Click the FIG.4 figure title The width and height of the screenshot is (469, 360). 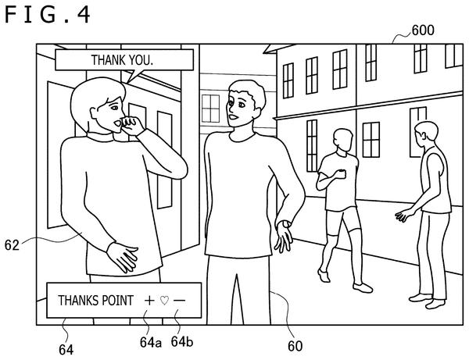(x=47, y=15)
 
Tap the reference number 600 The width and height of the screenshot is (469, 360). (x=423, y=30)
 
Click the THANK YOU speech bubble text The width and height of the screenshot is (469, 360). (x=122, y=60)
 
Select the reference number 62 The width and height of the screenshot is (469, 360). (x=12, y=245)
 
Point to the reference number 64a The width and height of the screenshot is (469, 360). (x=150, y=342)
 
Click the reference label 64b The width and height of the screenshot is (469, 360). (x=182, y=341)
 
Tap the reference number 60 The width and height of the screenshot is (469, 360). (x=295, y=346)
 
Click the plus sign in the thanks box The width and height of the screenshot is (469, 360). (x=149, y=300)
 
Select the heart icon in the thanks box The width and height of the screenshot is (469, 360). (x=164, y=300)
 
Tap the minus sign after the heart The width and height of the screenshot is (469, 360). (x=180, y=300)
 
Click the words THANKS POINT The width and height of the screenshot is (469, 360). (x=95, y=301)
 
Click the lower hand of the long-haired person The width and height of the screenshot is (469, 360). (x=123, y=258)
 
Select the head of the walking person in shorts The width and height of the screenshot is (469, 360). (x=343, y=140)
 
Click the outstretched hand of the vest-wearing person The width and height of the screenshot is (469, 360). (x=404, y=215)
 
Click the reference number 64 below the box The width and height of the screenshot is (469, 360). (x=66, y=350)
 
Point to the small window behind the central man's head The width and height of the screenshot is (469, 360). (x=210, y=108)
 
